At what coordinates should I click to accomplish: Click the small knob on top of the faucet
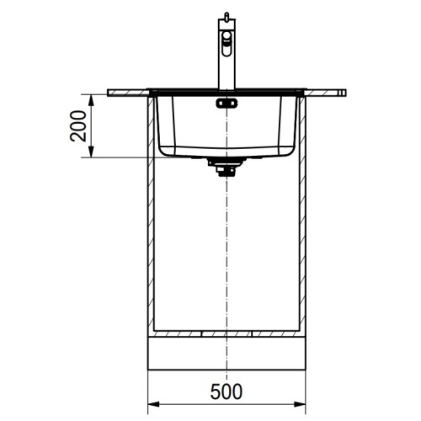pos(226,16)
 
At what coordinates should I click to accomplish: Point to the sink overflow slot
pos(226,104)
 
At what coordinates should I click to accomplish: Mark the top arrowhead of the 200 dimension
pos(92,95)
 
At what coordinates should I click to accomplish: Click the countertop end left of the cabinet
pos(126,89)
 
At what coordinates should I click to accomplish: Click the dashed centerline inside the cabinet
pos(226,253)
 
